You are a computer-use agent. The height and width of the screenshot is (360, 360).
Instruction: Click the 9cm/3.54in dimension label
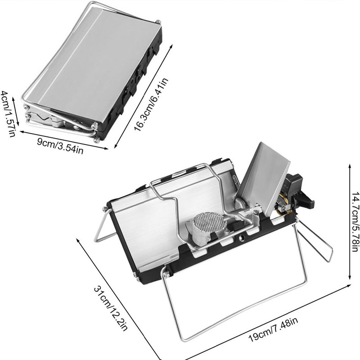click(60, 146)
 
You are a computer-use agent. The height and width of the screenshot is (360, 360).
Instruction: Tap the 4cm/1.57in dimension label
click(9, 114)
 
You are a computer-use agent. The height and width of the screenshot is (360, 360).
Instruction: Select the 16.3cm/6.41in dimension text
click(151, 104)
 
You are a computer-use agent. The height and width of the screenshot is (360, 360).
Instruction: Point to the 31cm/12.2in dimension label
click(111, 308)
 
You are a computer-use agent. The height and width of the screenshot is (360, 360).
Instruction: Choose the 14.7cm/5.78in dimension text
click(355, 221)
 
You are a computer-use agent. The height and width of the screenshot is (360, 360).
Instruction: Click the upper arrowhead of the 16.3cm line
click(171, 46)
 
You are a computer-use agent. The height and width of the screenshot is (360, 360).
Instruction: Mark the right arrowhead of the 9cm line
click(106, 148)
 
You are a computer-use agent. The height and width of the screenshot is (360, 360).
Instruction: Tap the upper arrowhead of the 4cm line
click(13, 99)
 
